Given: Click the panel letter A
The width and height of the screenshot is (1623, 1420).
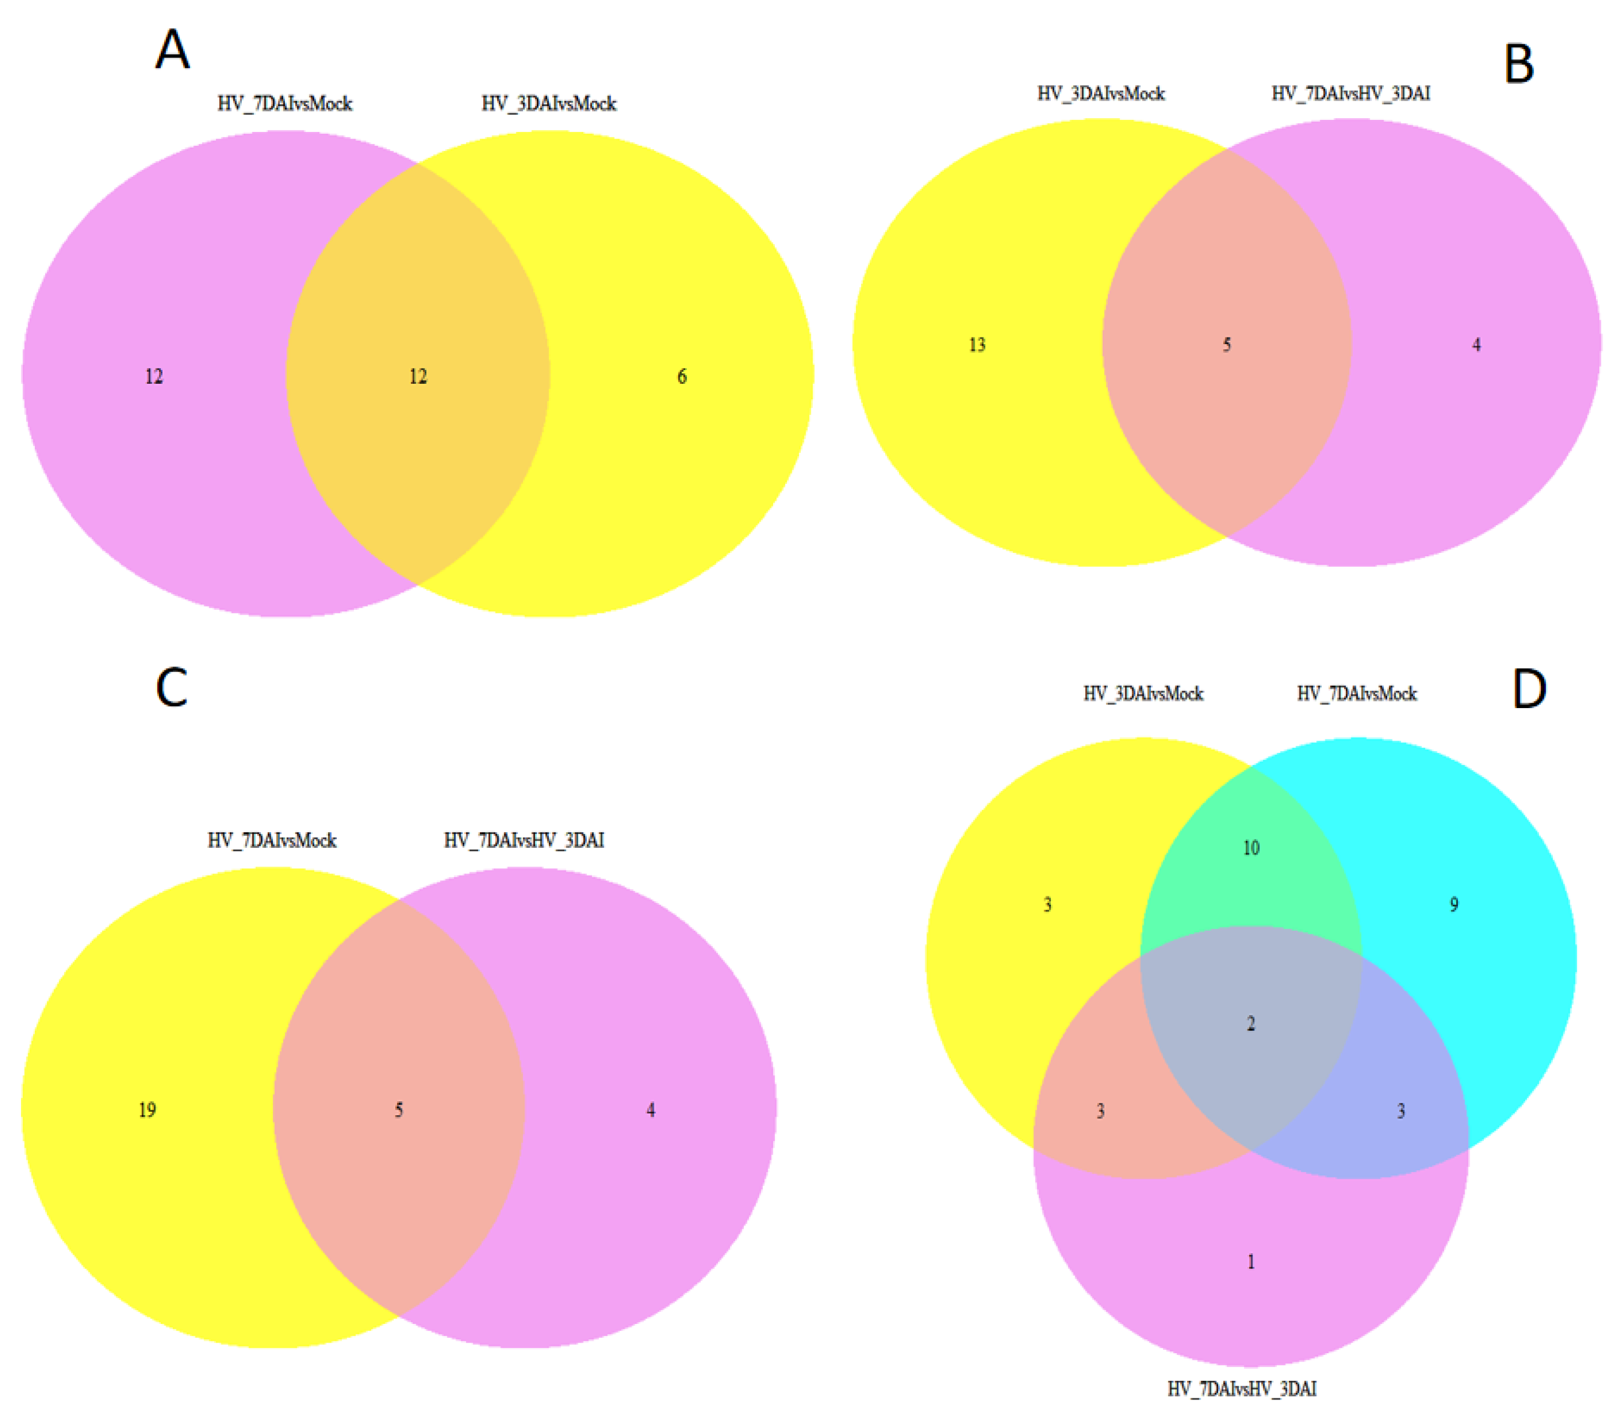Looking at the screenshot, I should [x=172, y=49].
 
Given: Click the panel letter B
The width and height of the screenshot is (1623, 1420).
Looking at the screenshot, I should [x=1518, y=64].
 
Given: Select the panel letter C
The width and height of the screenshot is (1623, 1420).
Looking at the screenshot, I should [x=172, y=686].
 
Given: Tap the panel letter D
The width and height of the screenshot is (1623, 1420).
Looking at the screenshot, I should [x=1529, y=689].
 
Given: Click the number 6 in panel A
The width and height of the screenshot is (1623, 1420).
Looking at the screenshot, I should [x=681, y=376].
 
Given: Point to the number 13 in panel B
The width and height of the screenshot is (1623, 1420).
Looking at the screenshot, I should [x=977, y=345].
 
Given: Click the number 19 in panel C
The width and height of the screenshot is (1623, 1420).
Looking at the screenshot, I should [x=147, y=1110].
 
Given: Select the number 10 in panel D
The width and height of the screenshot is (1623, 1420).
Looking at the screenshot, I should [x=1251, y=848].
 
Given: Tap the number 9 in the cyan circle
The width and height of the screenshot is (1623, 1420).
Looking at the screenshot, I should [x=1453, y=904].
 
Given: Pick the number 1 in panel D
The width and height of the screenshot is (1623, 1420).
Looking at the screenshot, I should [x=1251, y=1261].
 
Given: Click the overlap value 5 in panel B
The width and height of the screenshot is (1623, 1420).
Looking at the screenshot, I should [x=1226, y=345].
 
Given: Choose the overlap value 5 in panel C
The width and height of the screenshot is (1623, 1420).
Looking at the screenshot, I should [x=398, y=1110].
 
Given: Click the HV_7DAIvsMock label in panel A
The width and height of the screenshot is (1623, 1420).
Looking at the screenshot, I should [x=284, y=104].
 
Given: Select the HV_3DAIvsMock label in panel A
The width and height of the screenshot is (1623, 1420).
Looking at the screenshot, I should [x=549, y=104].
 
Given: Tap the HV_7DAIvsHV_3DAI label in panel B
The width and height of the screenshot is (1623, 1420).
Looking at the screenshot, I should [x=1351, y=93].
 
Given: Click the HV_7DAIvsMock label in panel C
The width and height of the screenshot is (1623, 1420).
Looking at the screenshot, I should [x=272, y=840].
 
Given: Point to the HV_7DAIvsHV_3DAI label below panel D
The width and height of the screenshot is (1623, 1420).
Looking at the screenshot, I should [x=1241, y=1389].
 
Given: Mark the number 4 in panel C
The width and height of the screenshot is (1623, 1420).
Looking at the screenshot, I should [x=651, y=1110].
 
